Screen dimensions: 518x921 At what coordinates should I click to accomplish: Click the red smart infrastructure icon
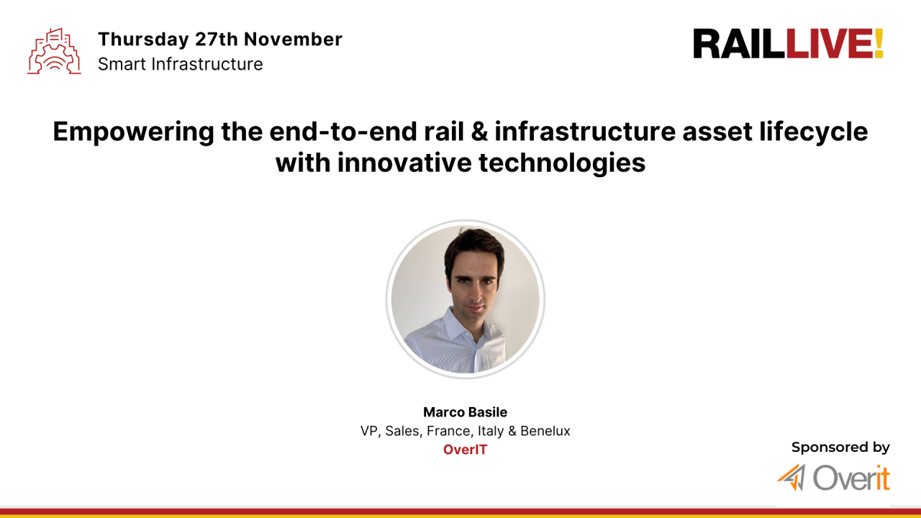coord(54,51)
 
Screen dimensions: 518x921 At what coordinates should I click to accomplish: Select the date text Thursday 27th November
coord(219,39)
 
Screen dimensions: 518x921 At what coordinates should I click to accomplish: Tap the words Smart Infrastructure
coord(180,64)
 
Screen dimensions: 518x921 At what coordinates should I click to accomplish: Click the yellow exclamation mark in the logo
coord(879,44)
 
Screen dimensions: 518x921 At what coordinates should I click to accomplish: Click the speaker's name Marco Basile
coord(465,412)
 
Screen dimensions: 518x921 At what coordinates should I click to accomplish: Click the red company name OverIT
coord(465,450)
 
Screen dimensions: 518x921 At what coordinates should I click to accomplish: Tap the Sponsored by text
coord(840,447)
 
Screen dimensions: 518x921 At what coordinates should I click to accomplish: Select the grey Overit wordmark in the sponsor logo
coord(851,478)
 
